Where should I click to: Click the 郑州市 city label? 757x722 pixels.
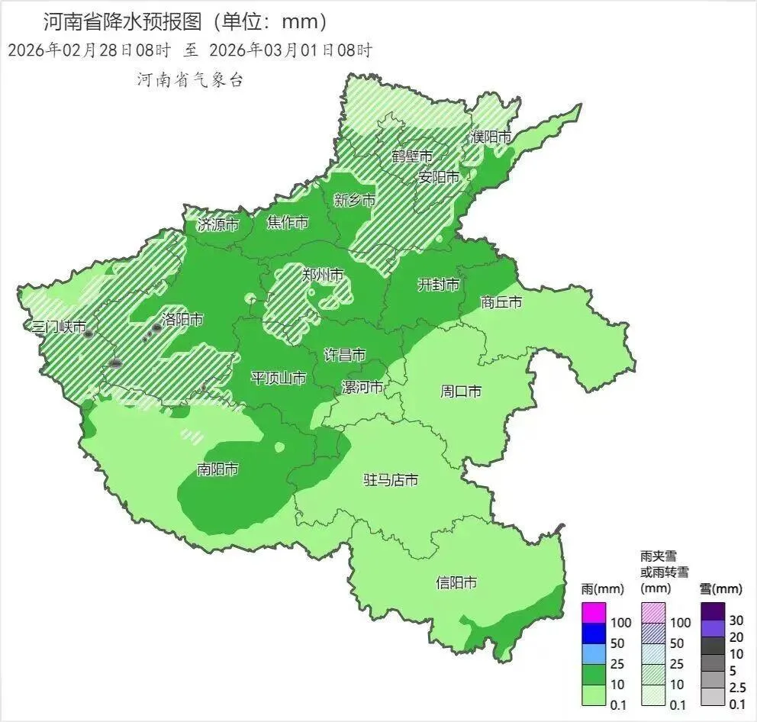(x=322, y=276)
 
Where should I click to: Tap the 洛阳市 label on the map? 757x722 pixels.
(x=182, y=320)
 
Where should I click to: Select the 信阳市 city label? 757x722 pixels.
(x=456, y=583)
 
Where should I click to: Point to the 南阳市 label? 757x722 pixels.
(x=217, y=469)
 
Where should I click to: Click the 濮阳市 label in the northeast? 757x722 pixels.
(x=491, y=137)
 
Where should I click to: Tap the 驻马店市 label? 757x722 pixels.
(x=390, y=480)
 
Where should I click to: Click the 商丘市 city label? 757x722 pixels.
(x=501, y=302)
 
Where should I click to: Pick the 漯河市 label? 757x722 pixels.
(x=362, y=388)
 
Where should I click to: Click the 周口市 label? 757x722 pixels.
(x=461, y=392)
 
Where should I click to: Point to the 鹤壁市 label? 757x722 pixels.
(x=412, y=156)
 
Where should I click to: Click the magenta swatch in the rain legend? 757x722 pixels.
(x=594, y=613)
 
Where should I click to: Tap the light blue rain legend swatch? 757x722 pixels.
(x=594, y=653)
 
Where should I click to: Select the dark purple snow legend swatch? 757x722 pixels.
(x=712, y=611)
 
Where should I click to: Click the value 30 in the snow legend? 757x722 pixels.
(x=736, y=620)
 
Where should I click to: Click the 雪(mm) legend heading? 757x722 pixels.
(x=720, y=589)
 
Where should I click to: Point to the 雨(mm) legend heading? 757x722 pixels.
(x=602, y=589)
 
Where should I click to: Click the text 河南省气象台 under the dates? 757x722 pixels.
(x=189, y=79)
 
